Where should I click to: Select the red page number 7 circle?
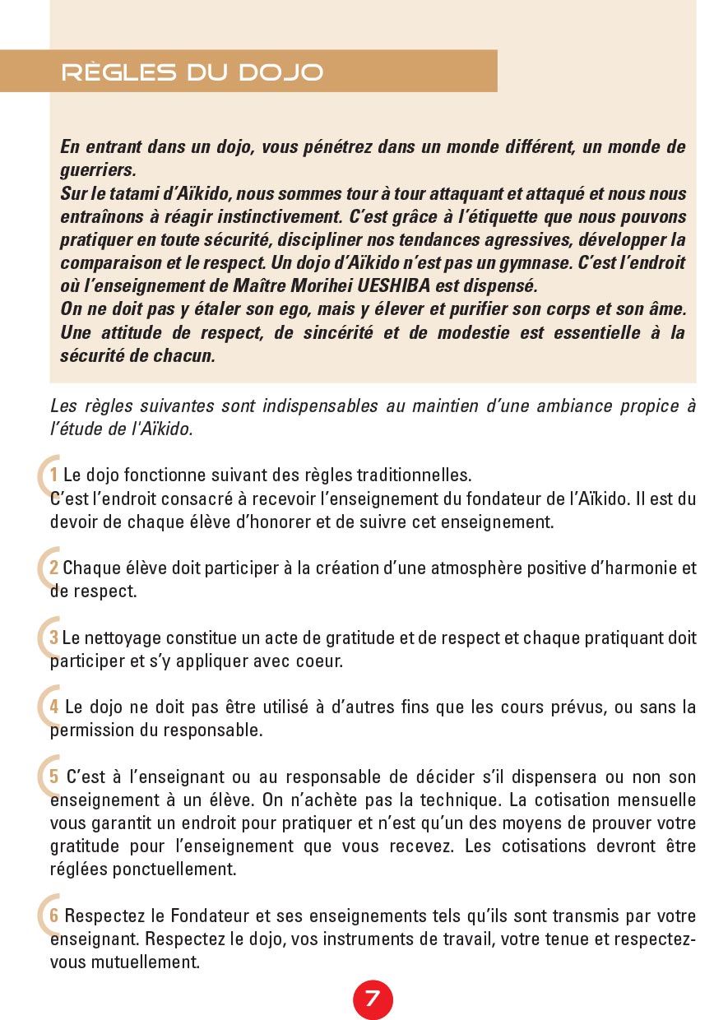tap(373, 999)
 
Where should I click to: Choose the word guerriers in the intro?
tap(97, 171)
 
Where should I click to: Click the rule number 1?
tap(53, 475)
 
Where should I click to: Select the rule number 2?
tap(53, 568)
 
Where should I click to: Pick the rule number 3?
tap(53, 637)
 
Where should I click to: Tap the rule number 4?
tap(53, 707)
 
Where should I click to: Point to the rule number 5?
tap(53, 777)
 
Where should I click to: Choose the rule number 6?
tap(53, 916)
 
